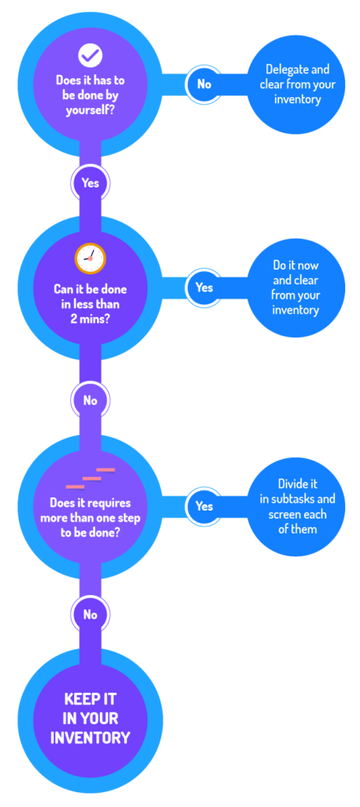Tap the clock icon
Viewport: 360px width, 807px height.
tap(90, 258)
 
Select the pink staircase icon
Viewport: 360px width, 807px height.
tap(90, 478)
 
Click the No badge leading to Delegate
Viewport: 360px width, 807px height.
tap(205, 84)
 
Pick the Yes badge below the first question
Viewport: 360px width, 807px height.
tap(90, 183)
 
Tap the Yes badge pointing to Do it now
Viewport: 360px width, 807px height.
tap(205, 287)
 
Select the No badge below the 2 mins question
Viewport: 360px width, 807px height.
tap(90, 400)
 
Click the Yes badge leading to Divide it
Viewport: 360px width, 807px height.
tap(205, 506)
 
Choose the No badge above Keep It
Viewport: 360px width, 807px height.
tap(90, 615)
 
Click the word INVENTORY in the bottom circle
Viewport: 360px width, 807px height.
tap(90, 738)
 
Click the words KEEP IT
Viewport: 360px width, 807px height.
tap(90, 699)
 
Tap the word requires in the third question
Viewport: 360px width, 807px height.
tap(110, 502)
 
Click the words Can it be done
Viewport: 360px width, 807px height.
tap(90, 289)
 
